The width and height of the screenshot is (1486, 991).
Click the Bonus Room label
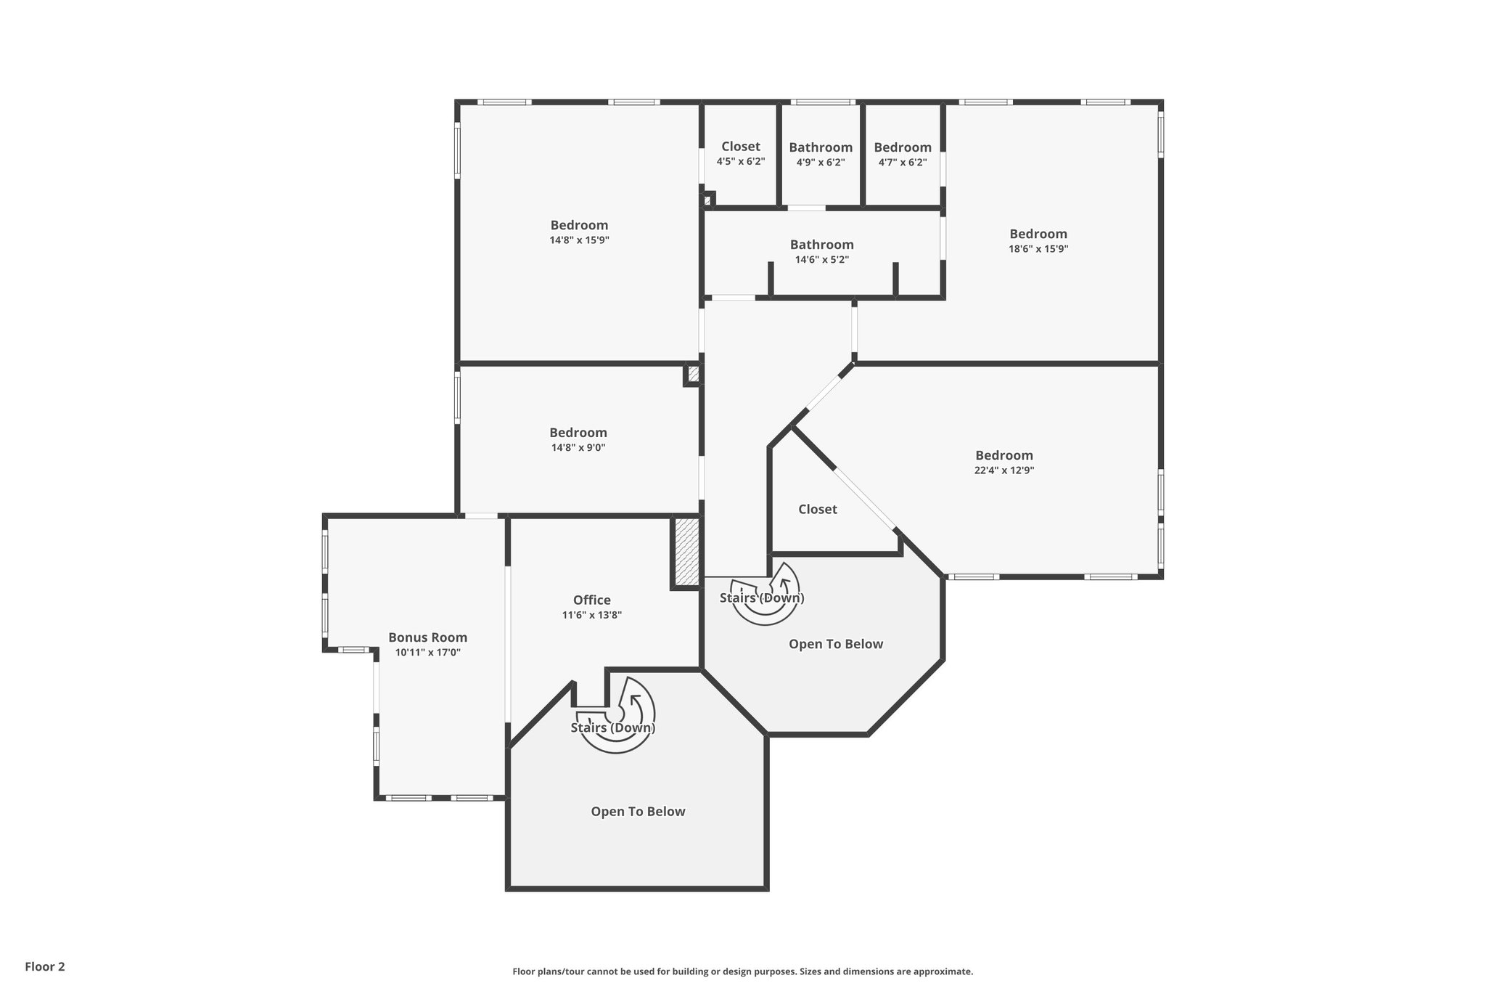(x=427, y=637)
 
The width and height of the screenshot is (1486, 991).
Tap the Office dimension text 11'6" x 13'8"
(x=591, y=615)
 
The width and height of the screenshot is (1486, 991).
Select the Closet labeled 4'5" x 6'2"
(x=740, y=147)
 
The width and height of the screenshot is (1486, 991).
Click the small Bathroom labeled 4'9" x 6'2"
(x=821, y=147)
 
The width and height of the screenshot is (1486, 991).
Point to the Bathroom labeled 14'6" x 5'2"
(x=821, y=245)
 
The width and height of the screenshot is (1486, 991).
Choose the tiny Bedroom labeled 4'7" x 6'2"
(x=902, y=147)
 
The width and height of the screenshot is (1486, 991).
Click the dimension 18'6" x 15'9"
(x=1038, y=248)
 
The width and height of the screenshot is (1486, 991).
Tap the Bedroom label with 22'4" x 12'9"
(x=1003, y=455)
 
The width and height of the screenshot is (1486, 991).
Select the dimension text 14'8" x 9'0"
(x=578, y=448)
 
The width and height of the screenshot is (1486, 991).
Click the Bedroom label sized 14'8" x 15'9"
(x=579, y=225)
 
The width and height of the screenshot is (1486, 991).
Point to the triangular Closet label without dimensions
(x=817, y=510)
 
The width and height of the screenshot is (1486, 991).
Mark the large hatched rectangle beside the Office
(x=686, y=551)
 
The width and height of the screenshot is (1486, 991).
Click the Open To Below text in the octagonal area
(x=835, y=644)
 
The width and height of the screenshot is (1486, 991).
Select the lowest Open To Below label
(x=638, y=812)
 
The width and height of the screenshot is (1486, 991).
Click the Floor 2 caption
(x=45, y=966)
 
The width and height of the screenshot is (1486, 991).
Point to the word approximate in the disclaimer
(x=943, y=971)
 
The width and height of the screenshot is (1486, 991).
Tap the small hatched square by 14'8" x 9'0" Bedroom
(x=692, y=375)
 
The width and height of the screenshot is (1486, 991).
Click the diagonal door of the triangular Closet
(x=863, y=499)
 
